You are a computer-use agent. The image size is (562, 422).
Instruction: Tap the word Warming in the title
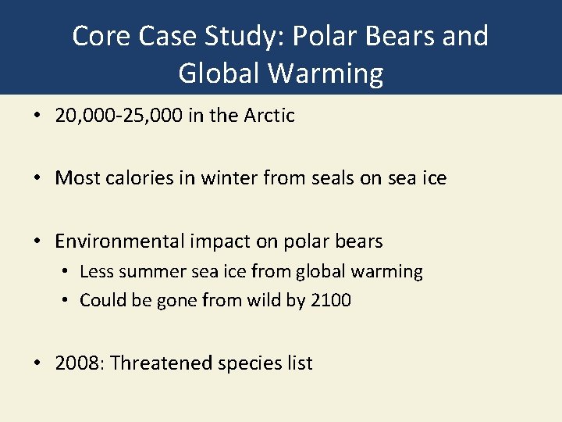pos(327,73)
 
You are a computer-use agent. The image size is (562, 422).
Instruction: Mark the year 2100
pos(331,300)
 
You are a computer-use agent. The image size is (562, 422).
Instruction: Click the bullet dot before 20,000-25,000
pos(37,116)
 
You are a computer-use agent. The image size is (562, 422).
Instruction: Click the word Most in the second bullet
pos(73,178)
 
